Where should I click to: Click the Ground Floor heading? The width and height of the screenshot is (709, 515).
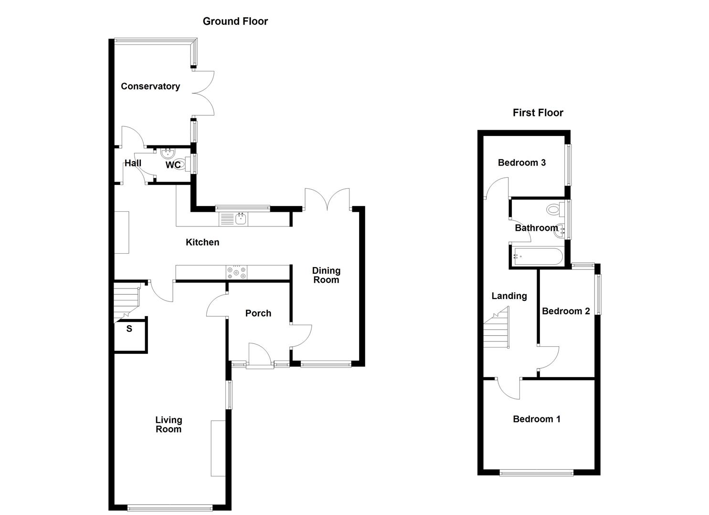click(235, 21)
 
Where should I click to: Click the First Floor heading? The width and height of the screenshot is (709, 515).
click(538, 113)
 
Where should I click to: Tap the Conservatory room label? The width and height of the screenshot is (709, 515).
click(150, 86)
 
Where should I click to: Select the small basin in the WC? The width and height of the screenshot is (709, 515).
click(168, 154)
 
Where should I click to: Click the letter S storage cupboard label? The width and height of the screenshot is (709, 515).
click(129, 329)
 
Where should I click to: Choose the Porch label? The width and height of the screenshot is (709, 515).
click(258, 313)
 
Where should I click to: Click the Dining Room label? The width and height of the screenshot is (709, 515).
click(326, 275)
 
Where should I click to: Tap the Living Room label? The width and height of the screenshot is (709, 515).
click(169, 424)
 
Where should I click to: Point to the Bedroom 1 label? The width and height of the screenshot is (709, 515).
click(536, 419)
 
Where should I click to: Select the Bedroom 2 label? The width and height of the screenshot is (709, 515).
click(565, 311)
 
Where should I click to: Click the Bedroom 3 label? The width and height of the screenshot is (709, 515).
click(521, 163)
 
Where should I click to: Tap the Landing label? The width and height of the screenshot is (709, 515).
click(509, 296)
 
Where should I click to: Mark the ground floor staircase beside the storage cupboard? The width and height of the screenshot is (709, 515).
click(126, 301)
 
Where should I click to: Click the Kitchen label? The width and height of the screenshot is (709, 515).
click(202, 242)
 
